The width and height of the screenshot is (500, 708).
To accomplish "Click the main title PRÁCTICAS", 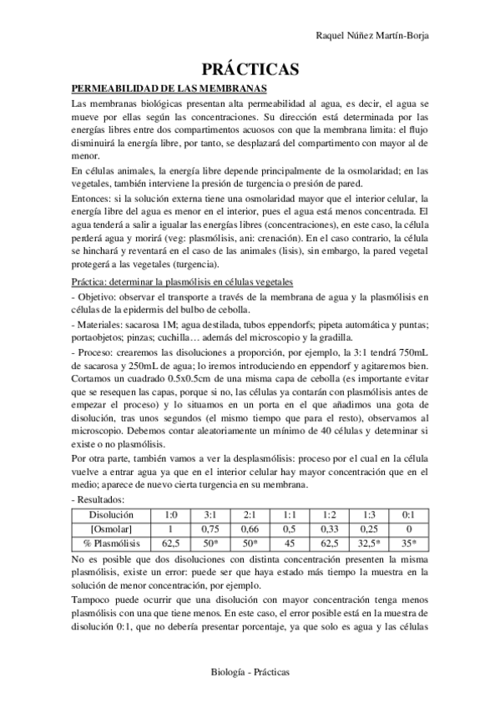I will coord(250,70).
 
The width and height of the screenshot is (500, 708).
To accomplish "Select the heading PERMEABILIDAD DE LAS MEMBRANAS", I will coord(169,88).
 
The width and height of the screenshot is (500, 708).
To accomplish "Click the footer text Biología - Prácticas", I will coord(250,670).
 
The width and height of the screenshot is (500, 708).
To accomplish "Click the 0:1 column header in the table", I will coord(407,515).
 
